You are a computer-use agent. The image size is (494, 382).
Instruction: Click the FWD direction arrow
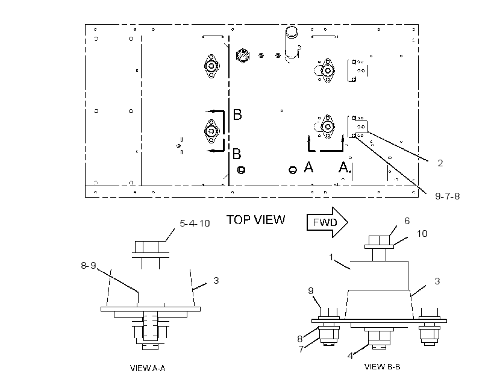327,222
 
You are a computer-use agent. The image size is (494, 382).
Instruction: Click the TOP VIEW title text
255,220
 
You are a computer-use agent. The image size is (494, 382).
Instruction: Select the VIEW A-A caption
148,368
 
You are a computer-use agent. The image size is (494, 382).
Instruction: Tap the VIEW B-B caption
382,366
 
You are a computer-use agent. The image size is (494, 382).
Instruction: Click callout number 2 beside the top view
440,163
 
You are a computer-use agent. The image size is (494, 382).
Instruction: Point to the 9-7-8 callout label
448,196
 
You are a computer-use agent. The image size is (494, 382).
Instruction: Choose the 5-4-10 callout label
195,223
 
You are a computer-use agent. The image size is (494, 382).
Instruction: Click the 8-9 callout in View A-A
89,265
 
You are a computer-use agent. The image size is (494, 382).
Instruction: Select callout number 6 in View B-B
407,221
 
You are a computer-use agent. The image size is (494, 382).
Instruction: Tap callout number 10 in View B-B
422,234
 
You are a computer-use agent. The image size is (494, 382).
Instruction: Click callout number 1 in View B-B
331,257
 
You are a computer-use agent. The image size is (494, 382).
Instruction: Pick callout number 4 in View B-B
351,356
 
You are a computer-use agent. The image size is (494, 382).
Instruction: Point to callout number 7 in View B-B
301,349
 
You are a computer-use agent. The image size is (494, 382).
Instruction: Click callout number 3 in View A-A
216,280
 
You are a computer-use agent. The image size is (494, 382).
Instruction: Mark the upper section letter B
237,114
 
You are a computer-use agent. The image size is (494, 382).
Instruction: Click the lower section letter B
237,154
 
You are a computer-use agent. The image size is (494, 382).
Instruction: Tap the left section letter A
308,167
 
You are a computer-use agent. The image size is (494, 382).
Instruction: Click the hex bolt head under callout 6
379,240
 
